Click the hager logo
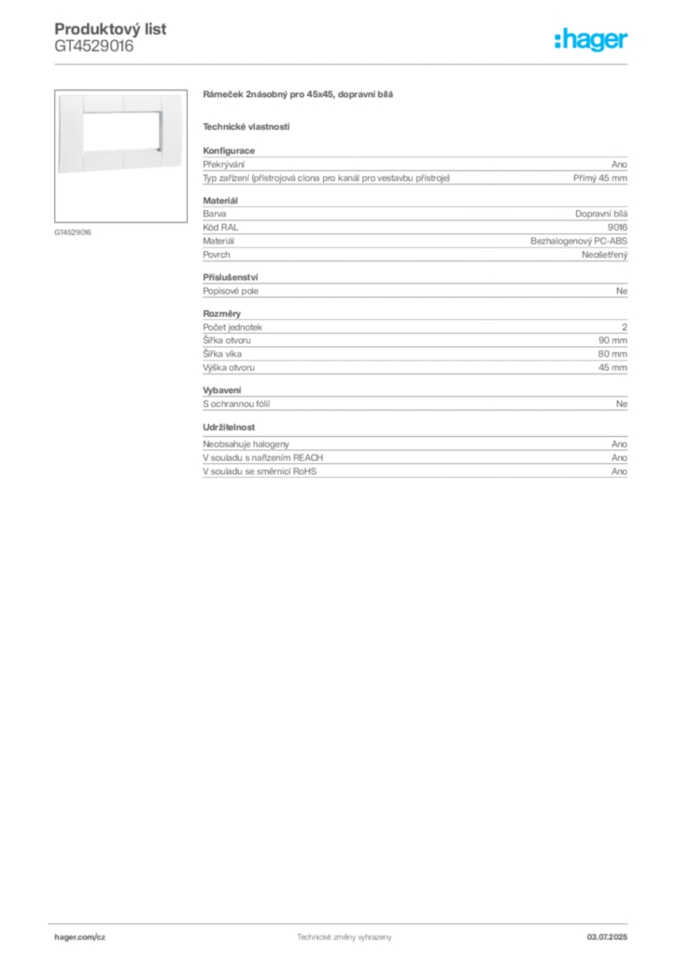point(591,39)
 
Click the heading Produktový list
point(110,29)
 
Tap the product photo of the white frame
point(120,133)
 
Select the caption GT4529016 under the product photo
point(73,232)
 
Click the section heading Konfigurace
point(229,150)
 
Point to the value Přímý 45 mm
point(599,178)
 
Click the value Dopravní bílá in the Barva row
point(601,214)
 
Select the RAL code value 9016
point(617,228)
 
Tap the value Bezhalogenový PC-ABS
point(579,241)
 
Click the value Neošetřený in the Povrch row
point(604,255)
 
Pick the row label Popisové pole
point(231,291)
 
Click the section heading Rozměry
point(222,314)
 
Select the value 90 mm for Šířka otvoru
point(613,340)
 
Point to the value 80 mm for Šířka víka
point(613,354)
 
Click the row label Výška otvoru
point(229,368)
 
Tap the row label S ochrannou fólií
point(236,403)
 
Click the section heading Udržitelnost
point(229,428)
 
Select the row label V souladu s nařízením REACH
point(262,457)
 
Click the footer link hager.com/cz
point(80,937)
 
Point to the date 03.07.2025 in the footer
point(607,937)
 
